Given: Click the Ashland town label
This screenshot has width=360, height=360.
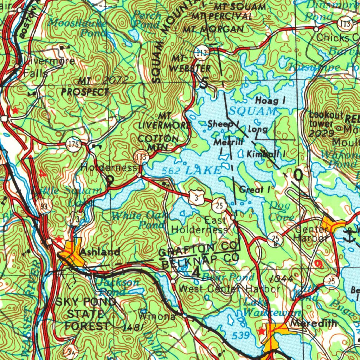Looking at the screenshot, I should (100, 252).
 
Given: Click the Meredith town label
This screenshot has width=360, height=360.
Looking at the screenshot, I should (314, 323).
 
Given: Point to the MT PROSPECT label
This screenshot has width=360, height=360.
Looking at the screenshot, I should (85, 87).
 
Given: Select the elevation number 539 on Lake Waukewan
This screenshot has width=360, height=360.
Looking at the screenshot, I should (241, 336).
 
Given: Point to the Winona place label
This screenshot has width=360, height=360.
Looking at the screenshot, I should (157, 316).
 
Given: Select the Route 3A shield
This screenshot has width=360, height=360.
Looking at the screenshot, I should (69, 351).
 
